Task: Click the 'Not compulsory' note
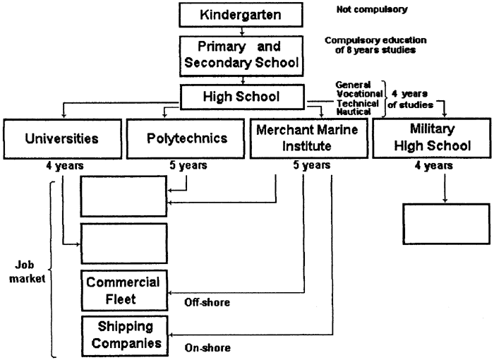coord(372,9)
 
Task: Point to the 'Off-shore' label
coord(207,303)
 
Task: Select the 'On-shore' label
coord(207,348)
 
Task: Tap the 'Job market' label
coord(27,272)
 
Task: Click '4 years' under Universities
coord(65,165)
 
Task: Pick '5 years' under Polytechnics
coord(188,165)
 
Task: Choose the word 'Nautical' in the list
coord(354,112)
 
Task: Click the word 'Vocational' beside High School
coord(359,94)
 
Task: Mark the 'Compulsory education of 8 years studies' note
coord(375,45)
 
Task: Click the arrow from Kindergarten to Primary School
coord(241,31)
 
